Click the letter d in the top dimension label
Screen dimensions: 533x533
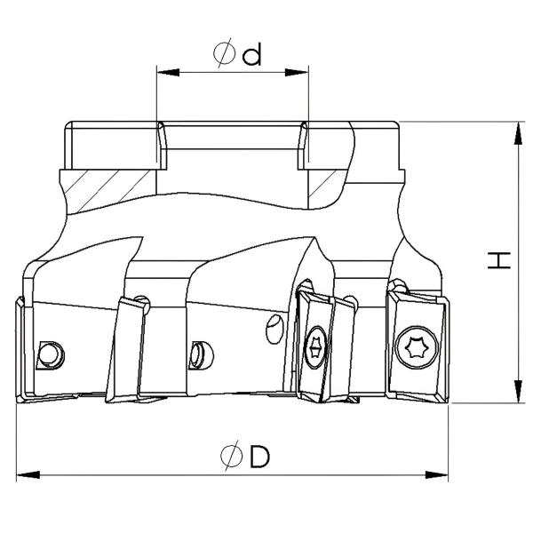[252, 56]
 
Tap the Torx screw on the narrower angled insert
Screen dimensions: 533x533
[314, 348]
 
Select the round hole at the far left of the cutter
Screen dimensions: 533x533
[51, 353]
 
